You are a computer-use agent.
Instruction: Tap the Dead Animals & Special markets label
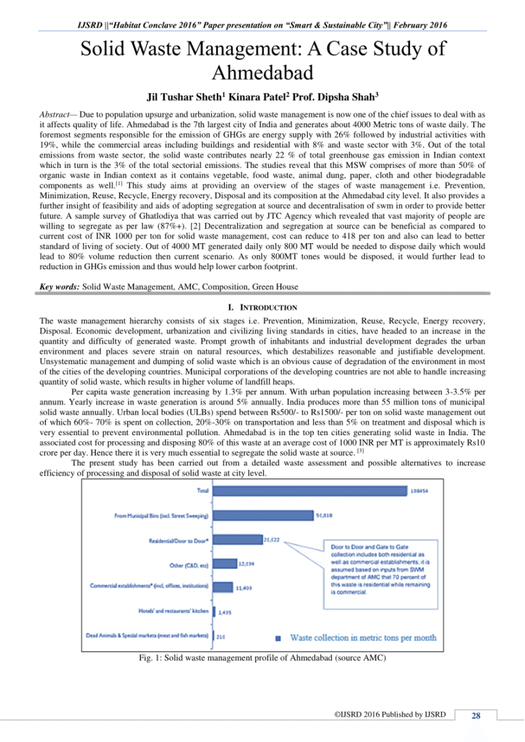(x=146, y=635)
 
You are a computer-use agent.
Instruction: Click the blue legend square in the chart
(x=278, y=637)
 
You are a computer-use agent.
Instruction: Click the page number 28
(x=476, y=715)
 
